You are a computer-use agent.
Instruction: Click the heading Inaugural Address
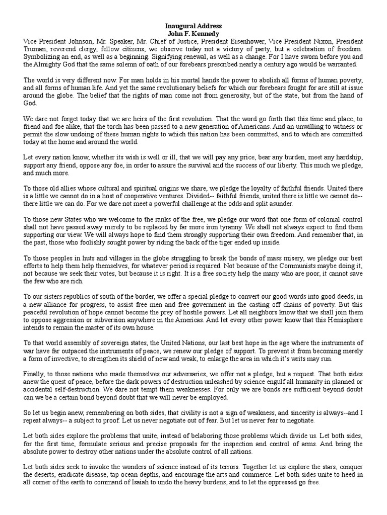pyautogui.click(x=193, y=26)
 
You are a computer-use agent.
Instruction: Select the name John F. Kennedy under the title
pyautogui.click(x=193, y=33)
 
